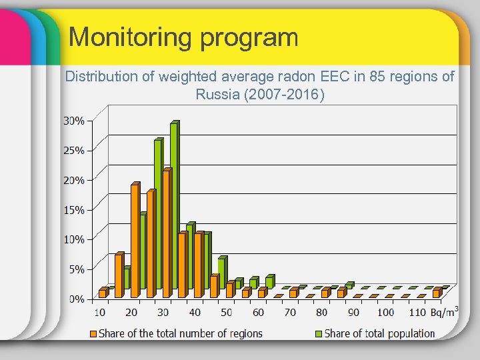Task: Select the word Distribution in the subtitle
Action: pyautogui.click(x=109, y=77)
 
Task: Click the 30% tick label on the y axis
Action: pyautogui.click(x=73, y=121)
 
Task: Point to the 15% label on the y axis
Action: pyautogui.click(x=73, y=210)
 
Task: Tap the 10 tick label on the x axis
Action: pyautogui.click(x=100, y=312)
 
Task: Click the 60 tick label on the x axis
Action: pyautogui.click(x=258, y=312)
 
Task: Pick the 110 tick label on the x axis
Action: pyautogui.click(x=417, y=312)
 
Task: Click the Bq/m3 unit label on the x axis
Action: pyautogui.click(x=444, y=311)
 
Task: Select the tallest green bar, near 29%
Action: pyautogui.click(x=173, y=207)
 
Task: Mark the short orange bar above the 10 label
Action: pyautogui.click(x=102, y=293)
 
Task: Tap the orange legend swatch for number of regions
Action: pyautogui.click(x=94, y=333)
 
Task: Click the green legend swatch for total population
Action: pyautogui.click(x=319, y=333)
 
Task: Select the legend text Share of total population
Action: pyautogui.click(x=379, y=333)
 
